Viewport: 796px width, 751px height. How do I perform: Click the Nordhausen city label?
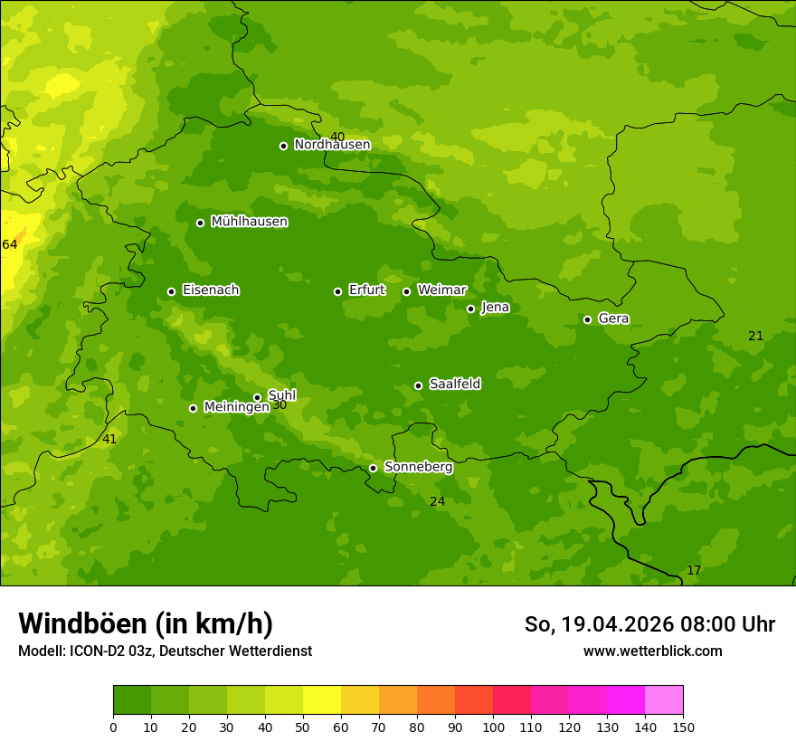[x=332, y=145]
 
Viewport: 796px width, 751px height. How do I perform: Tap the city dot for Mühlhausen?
[x=200, y=223]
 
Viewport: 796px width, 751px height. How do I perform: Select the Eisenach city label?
[x=211, y=290]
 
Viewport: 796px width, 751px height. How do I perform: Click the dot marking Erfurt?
[x=337, y=291]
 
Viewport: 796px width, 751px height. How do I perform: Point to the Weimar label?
[x=441, y=290]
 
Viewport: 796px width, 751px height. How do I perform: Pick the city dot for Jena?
[x=470, y=309]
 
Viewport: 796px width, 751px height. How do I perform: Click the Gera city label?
[x=613, y=318]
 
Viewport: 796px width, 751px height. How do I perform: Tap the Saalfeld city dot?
[x=418, y=385]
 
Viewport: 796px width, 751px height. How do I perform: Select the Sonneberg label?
[x=418, y=467]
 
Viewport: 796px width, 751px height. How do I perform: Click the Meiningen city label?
[x=236, y=407]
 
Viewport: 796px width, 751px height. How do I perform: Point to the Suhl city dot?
[x=257, y=397]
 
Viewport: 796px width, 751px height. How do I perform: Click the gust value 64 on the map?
[x=10, y=244]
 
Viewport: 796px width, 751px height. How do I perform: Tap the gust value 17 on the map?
[x=694, y=570]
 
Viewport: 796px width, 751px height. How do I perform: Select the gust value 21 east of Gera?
[x=755, y=336]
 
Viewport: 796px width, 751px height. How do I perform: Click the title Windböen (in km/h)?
[x=146, y=623]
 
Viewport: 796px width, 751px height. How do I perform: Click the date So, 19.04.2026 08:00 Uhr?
[x=649, y=624]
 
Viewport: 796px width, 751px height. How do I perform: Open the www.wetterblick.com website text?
[x=652, y=651]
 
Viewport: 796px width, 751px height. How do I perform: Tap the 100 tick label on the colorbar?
[x=493, y=727]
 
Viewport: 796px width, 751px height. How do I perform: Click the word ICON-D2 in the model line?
[x=96, y=651]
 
